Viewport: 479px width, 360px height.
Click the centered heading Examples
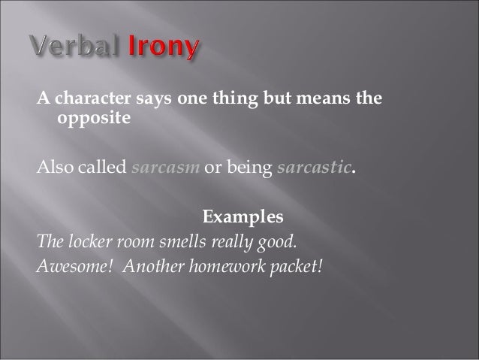[x=243, y=218]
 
